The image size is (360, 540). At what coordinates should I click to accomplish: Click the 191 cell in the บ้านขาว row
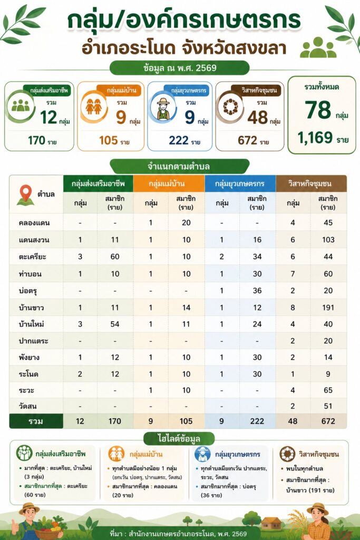[x=328, y=307]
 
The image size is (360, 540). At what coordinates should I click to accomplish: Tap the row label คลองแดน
[x=34, y=223]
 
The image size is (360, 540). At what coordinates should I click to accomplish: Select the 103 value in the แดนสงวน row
[x=328, y=240]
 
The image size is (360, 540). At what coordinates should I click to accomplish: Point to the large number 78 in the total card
[x=318, y=110]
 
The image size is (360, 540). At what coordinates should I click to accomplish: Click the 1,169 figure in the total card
[x=315, y=138]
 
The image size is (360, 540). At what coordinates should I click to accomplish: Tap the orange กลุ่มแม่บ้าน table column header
[x=169, y=184]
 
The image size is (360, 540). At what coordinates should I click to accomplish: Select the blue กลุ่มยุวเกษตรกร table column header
[x=240, y=184]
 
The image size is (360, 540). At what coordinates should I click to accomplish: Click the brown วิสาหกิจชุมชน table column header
[x=311, y=184]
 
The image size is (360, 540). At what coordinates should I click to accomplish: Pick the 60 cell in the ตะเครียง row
[x=115, y=257]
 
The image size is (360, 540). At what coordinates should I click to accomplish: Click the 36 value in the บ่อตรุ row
[x=257, y=291]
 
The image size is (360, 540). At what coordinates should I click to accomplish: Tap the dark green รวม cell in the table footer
[x=36, y=421]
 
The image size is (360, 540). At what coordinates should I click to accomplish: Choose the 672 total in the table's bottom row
[x=328, y=421]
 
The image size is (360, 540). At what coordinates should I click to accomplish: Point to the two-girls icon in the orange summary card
[x=93, y=107]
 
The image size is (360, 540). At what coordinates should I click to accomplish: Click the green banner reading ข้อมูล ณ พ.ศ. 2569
[x=179, y=68]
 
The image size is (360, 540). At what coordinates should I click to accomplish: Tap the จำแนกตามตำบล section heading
[x=179, y=167]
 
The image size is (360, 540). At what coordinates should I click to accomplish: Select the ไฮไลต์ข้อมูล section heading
[x=179, y=439]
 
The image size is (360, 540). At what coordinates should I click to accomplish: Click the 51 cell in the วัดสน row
[x=328, y=406]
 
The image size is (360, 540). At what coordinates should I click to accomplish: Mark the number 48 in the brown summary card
[x=257, y=118]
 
